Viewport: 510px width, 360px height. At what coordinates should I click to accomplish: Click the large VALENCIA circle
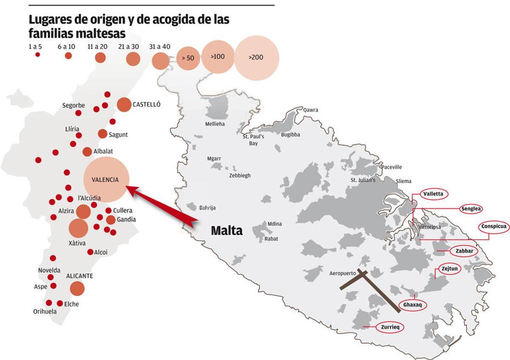(106, 179)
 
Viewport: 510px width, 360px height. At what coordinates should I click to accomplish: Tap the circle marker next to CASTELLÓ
(124, 104)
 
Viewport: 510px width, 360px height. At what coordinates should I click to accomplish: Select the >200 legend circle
(257, 57)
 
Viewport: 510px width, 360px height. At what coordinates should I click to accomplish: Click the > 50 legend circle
(187, 58)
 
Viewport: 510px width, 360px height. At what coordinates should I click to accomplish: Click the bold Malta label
(227, 231)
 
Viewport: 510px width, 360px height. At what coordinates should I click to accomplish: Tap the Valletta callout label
(433, 194)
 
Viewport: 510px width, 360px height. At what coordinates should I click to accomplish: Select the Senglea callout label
(471, 209)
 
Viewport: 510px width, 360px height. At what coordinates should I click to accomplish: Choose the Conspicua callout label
(494, 227)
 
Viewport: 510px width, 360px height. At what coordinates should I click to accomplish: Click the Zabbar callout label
(464, 251)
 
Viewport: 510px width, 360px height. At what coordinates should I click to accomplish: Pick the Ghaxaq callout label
(412, 305)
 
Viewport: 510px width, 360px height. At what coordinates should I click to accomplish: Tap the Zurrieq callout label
(389, 327)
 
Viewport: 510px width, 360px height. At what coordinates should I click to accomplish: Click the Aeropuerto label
(343, 274)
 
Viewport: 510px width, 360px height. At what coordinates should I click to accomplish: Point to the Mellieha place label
(215, 124)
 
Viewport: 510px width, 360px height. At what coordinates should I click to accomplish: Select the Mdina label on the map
(275, 224)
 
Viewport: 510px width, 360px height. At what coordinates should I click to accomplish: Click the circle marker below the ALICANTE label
(77, 288)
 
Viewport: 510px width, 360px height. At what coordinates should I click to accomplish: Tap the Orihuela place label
(45, 312)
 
